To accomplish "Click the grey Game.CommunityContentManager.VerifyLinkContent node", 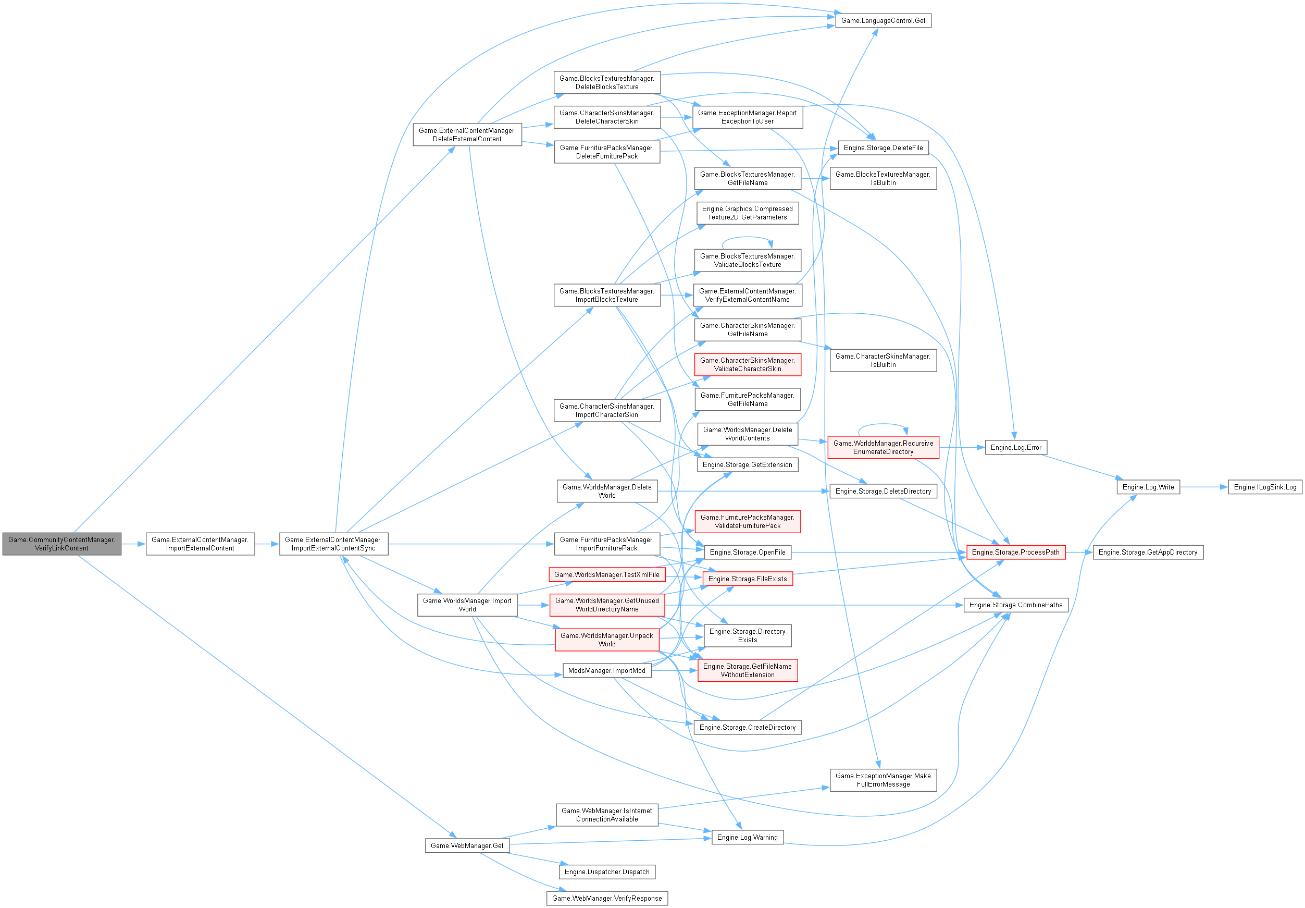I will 61,544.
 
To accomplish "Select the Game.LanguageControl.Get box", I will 883,20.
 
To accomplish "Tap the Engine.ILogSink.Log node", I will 1265,487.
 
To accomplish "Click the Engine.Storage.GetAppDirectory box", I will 1148,552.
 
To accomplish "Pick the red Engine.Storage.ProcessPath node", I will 1016,552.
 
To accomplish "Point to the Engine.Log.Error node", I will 1016,447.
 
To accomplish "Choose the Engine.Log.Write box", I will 1148,487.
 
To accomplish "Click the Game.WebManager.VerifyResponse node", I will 607,898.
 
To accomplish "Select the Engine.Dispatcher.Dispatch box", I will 607,872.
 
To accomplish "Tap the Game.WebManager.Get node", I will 467,846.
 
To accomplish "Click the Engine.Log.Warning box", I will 748,838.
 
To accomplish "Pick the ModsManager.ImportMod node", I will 607,671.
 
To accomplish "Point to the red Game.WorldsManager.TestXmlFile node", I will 607,575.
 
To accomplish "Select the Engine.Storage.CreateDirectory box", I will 748,728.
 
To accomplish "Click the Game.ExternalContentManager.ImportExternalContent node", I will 200,544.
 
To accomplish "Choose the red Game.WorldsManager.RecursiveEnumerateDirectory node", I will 883,447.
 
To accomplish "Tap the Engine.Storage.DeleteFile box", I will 883,148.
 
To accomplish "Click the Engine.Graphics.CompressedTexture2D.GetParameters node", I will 748,213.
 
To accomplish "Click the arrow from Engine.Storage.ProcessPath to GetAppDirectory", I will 1079,552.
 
